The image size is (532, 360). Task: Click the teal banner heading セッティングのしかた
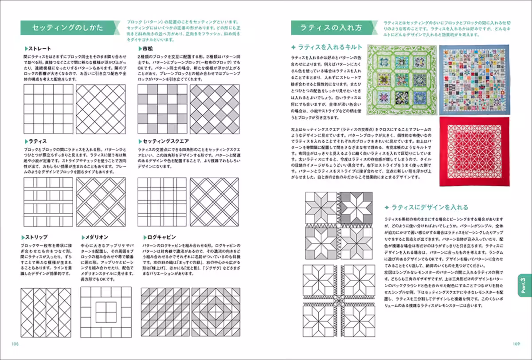click(68, 27)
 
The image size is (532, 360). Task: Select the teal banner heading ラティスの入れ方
click(331, 27)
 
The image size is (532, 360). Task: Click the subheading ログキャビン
click(160, 237)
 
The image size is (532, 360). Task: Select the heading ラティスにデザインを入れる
click(426, 207)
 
